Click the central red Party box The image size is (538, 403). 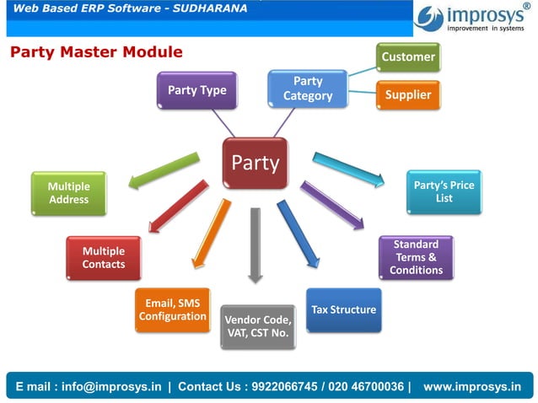[x=255, y=163]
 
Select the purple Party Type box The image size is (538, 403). [x=196, y=90]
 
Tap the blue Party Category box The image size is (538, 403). [x=308, y=89]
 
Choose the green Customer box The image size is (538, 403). [x=408, y=57]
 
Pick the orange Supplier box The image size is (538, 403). [x=408, y=95]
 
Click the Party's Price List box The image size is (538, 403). [x=444, y=191]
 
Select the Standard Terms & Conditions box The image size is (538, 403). [x=416, y=257]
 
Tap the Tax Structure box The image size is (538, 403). [x=343, y=309]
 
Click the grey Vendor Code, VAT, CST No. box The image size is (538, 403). [x=257, y=326]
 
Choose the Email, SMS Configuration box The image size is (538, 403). [x=173, y=309]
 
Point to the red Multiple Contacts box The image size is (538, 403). [x=104, y=257]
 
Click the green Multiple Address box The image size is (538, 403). [x=68, y=193]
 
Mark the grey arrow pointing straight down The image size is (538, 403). [x=256, y=244]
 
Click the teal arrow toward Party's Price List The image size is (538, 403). [x=347, y=168]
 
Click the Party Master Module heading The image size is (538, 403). [x=96, y=52]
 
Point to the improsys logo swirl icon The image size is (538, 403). [x=430, y=16]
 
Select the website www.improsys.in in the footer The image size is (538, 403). [x=471, y=386]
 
